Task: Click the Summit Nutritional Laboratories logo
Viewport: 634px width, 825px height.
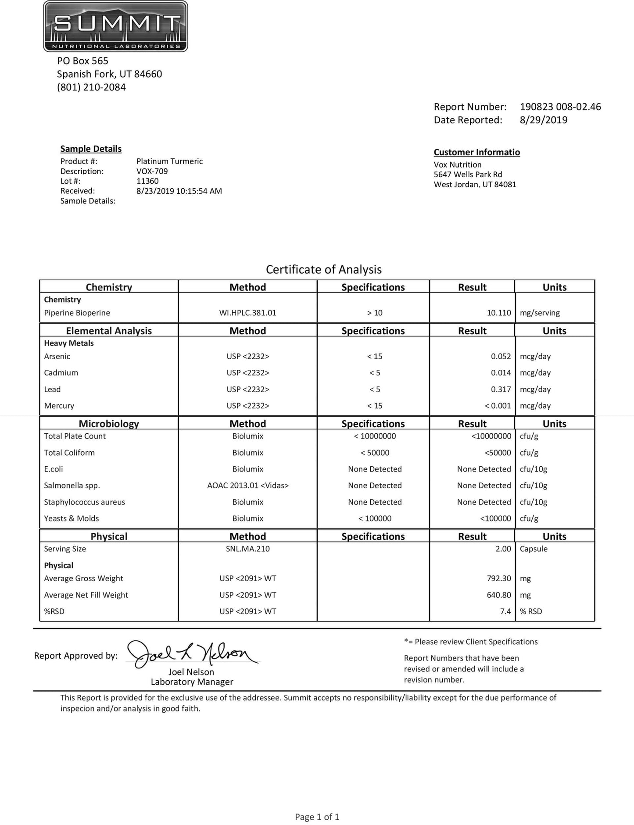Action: (115, 26)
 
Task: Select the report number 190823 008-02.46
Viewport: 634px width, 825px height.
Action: (560, 107)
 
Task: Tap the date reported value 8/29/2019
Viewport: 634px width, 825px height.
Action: (543, 120)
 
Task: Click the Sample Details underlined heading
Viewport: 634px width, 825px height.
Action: (91, 149)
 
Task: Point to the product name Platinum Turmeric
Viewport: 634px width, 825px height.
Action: (169, 161)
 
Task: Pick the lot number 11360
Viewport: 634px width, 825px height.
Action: (147, 181)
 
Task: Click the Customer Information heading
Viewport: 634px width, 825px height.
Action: (476, 152)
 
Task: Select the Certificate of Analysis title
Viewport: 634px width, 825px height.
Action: (323, 269)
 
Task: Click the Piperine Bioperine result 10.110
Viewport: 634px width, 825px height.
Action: (498, 313)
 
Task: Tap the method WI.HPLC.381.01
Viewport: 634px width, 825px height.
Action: (247, 313)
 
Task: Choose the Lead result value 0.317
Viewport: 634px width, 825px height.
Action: (501, 389)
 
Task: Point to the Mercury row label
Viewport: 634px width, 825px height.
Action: (59, 406)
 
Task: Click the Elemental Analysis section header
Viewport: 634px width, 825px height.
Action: (109, 331)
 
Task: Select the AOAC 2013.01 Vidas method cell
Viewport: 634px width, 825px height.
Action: (247, 486)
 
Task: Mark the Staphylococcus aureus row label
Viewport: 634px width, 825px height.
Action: (84, 502)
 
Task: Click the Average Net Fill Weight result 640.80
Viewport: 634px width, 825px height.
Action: (498, 595)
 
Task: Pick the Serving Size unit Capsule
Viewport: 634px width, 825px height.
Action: (533, 549)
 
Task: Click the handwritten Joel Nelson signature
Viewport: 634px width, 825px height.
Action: (192, 655)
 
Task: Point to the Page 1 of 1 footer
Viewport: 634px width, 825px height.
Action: (317, 817)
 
